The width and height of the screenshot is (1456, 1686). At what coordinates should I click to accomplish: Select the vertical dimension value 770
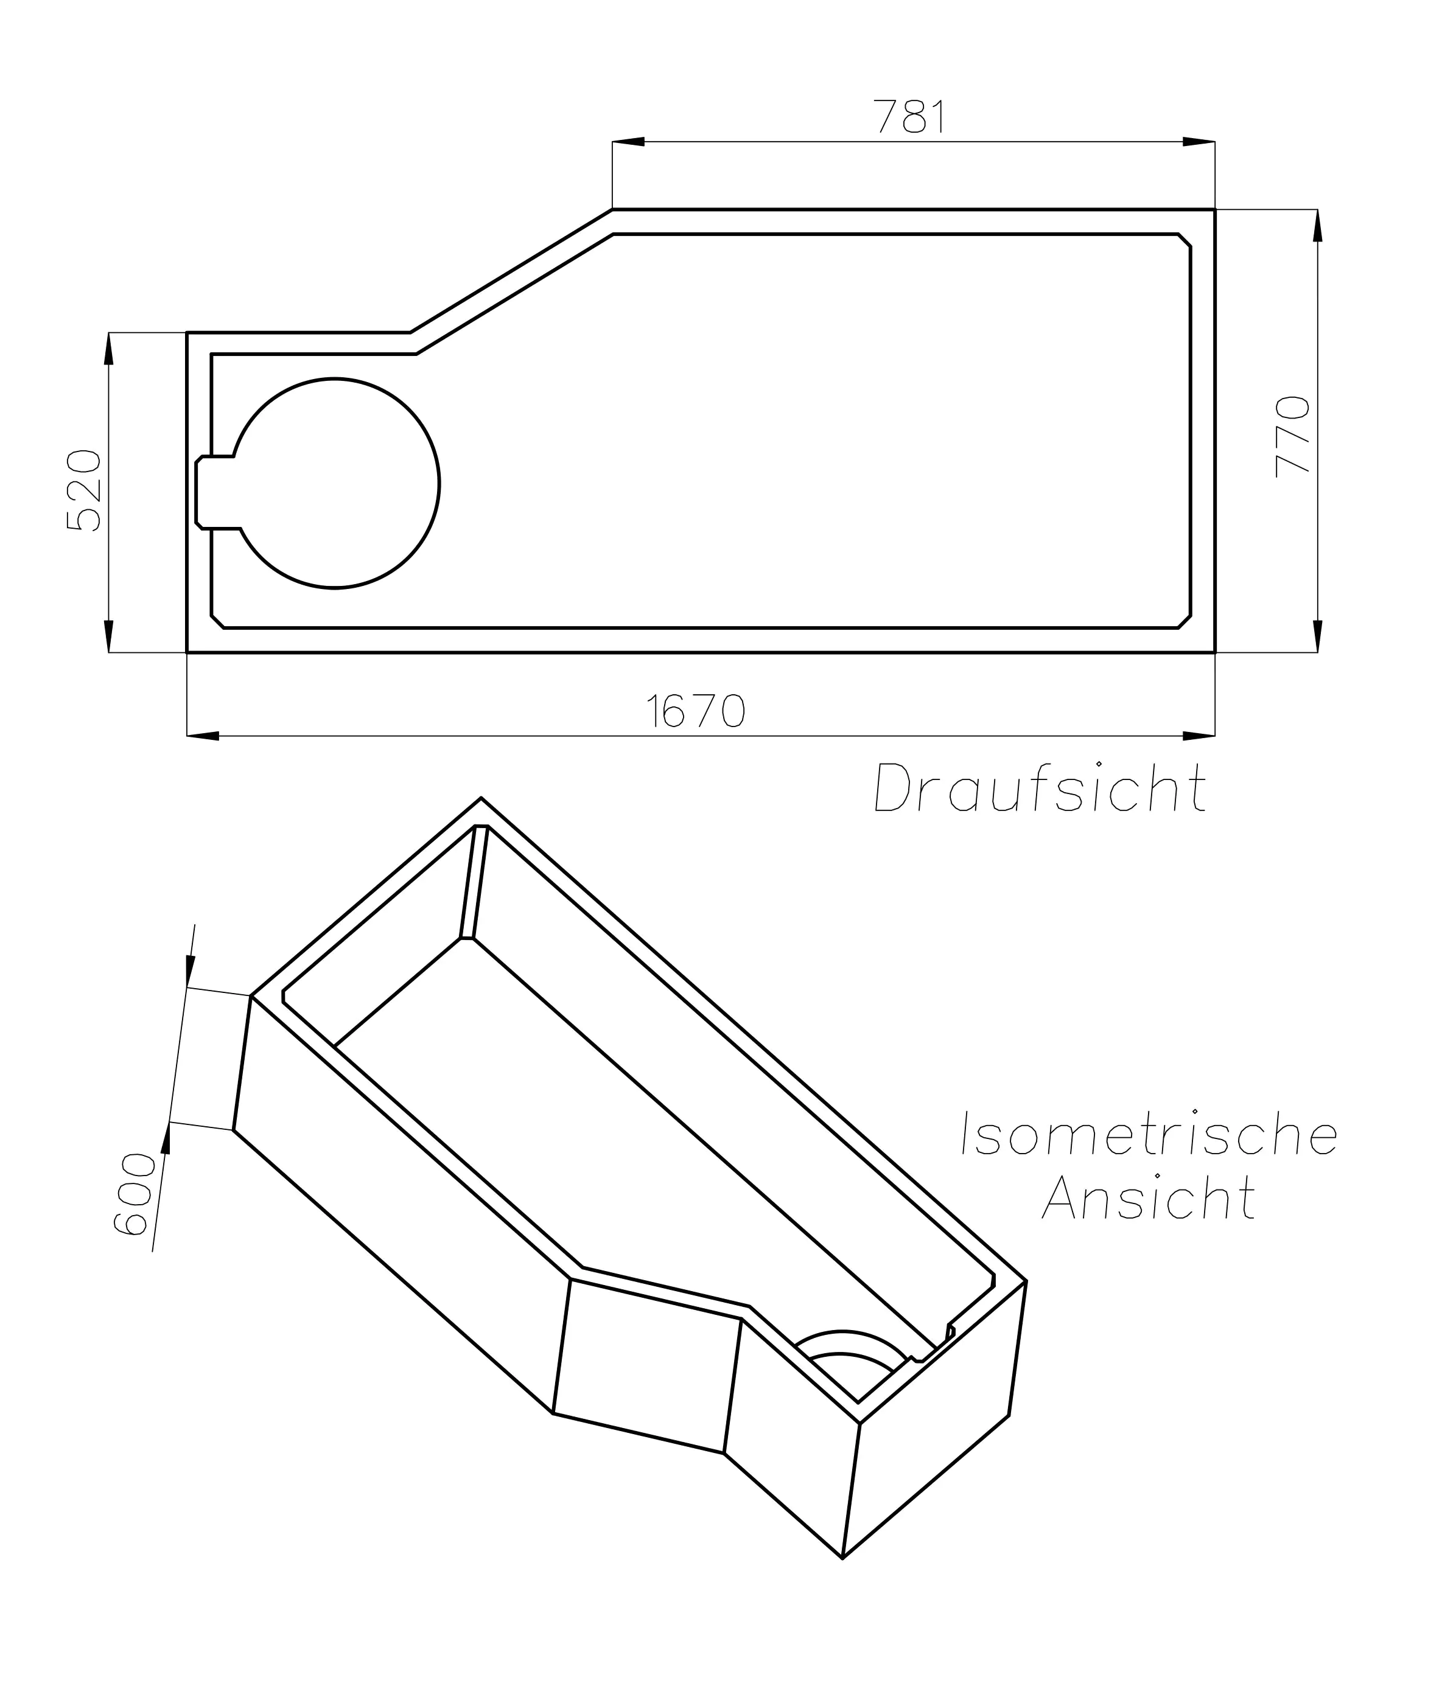[1292, 436]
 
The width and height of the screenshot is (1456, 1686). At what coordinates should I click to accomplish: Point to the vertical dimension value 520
[84, 490]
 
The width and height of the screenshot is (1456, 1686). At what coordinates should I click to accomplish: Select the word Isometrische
[1149, 1134]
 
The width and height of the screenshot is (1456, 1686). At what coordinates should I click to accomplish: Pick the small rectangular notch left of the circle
[215, 492]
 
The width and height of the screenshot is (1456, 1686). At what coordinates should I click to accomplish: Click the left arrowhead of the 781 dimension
[628, 142]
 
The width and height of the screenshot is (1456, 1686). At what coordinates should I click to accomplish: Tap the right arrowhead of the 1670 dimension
[1199, 736]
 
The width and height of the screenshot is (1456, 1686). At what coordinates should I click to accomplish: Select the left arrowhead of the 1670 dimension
[203, 736]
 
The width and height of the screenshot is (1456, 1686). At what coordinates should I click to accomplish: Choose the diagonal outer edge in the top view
[511, 271]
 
